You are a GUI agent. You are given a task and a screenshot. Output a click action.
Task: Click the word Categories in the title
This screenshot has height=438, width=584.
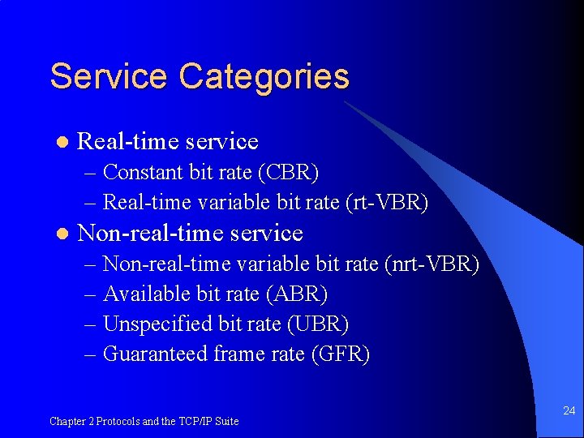(x=264, y=77)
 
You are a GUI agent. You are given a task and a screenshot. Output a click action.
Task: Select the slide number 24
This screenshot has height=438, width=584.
(x=569, y=411)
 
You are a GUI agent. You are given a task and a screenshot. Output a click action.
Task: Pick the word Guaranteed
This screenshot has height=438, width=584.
(x=156, y=354)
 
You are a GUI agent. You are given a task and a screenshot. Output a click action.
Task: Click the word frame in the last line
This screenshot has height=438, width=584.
(x=239, y=354)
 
